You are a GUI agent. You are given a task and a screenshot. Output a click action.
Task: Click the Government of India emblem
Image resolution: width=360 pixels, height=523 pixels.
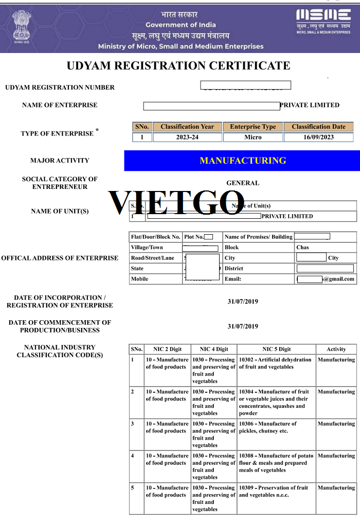point(22,26)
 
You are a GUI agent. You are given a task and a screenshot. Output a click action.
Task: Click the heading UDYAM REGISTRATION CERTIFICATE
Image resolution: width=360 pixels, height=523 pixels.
point(178,66)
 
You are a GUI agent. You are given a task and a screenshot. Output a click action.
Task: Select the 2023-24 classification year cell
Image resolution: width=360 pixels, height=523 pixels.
point(187,137)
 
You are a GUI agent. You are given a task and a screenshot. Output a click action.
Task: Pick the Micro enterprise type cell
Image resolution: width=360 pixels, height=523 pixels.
point(253,137)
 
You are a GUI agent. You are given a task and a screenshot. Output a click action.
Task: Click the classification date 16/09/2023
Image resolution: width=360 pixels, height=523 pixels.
point(318,137)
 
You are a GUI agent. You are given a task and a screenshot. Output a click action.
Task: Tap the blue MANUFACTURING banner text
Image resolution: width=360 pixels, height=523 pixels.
point(243,161)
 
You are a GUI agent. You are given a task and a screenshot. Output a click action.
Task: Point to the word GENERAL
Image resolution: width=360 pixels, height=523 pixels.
point(243,183)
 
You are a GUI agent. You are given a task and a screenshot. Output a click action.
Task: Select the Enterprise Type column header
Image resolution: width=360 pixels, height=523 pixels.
point(253,127)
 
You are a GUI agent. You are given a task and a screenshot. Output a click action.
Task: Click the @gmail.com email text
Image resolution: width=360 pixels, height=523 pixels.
point(338,279)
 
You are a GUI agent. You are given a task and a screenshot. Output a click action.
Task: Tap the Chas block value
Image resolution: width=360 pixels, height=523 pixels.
point(303,248)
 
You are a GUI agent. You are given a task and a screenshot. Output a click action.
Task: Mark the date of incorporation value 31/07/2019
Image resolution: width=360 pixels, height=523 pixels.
point(243,302)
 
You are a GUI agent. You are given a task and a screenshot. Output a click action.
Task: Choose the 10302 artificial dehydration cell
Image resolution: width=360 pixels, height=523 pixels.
point(275,363)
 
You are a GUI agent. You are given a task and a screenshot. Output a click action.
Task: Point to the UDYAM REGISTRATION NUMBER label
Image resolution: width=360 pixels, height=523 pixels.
point(60,88)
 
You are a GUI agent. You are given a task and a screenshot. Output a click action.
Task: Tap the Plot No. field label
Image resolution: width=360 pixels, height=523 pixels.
point(194,237)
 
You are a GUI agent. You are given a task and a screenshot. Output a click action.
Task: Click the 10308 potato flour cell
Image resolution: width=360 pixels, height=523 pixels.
point(276,463)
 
